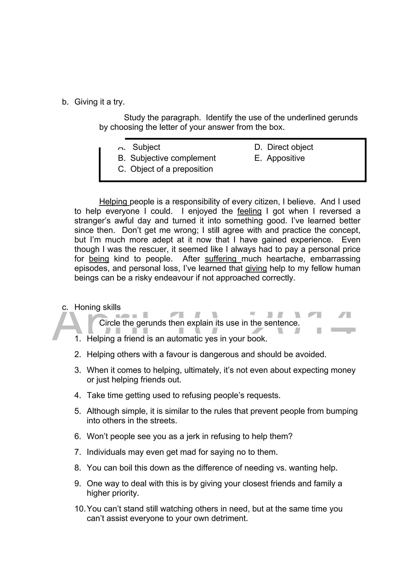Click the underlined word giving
coord(256,268)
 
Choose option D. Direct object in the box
coord(284,147)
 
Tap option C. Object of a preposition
coord(166,169)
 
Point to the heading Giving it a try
coord(99,102)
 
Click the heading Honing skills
coord(97,307)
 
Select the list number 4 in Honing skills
coord(77,395)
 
